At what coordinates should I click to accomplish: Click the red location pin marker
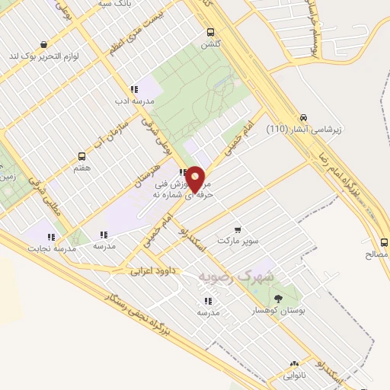pos(196,179)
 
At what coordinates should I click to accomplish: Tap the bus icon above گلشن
pos(210,32)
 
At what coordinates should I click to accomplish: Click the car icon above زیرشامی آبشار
pos(304,117)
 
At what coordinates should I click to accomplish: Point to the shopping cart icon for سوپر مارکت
pos(238,229)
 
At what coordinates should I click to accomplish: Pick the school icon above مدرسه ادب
pos(134,89)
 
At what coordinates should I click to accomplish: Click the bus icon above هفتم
pos(82,155)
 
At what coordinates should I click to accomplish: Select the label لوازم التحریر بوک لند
pos(46,56)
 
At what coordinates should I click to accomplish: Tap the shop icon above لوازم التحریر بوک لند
pos(44,44)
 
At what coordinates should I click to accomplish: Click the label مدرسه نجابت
pos(53,248)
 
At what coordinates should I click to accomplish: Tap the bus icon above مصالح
pos(383,242)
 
